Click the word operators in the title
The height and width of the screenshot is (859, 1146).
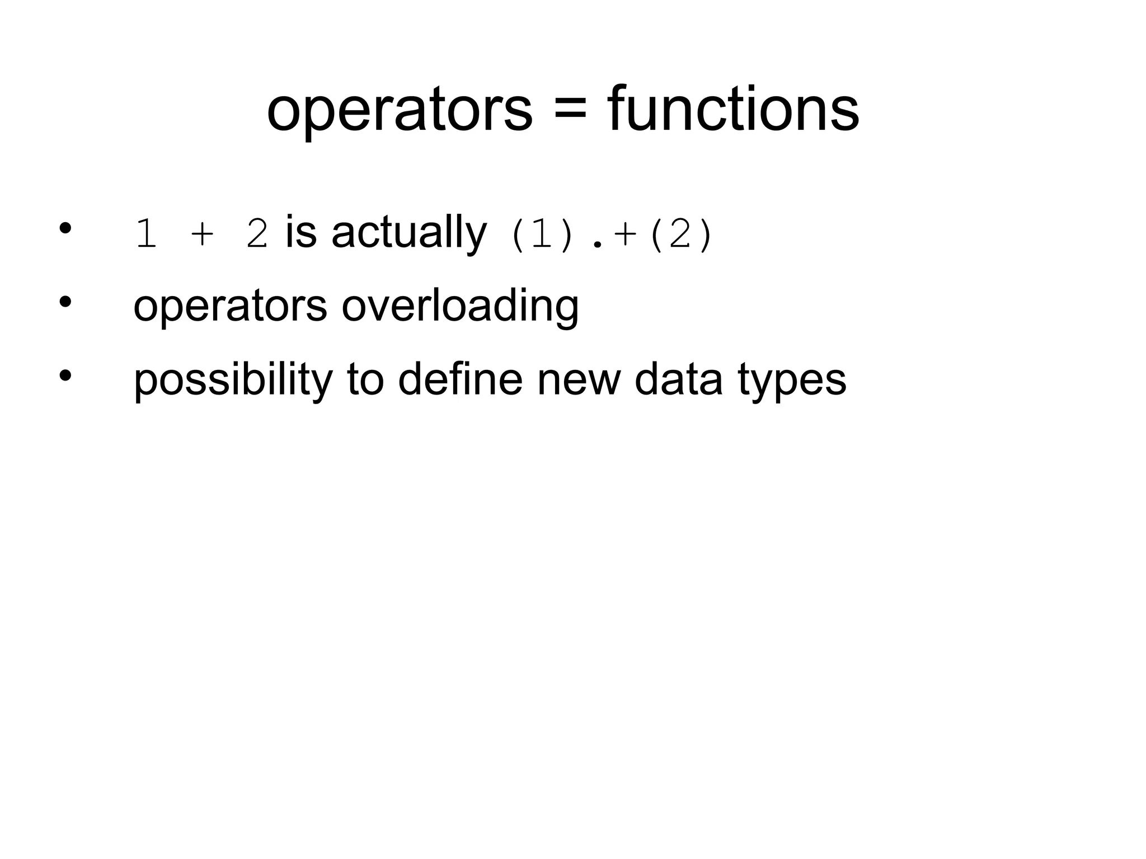coord(399,109)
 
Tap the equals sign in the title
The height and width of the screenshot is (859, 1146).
coord(570,108)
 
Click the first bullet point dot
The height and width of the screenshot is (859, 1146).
coord(65,228)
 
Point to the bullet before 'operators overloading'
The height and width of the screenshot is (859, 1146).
coord(65,302)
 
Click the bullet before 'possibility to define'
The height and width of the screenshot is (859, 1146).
coord(65,375)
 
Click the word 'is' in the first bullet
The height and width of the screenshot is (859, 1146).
coord(301,232)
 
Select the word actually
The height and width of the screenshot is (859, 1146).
coord(409,233)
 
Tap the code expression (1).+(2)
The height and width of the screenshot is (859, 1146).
coord(610,235)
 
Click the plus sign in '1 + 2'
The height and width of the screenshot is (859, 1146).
coord(202,235)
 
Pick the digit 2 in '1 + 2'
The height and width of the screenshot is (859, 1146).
coord(257,235)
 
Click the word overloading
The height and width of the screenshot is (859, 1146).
coord(460,307)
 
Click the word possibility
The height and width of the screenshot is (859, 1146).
coord(233,381)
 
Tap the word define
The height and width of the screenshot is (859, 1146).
coord(460,379)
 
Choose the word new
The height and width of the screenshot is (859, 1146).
coord(579,381)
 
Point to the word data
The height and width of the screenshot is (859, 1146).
coord(678,379)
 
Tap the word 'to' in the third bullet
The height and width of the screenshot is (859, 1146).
coord(365,379)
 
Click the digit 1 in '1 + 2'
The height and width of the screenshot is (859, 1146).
coord(145,235)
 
